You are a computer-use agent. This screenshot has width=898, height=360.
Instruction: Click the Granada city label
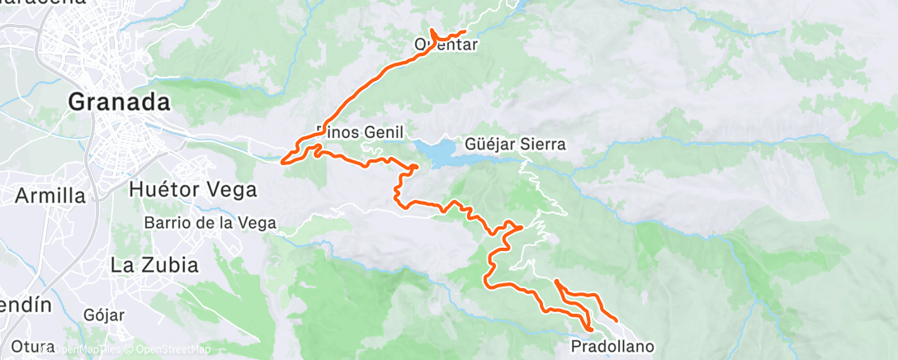[x=119, y=102]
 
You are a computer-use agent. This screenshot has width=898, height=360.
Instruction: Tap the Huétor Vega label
[x=193, y=189]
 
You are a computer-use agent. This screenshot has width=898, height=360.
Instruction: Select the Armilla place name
[x=50, y=196]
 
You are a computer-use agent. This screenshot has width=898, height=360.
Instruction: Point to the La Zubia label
[x=154, y=265]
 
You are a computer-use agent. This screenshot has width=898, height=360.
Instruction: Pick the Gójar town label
[x=104, y=315]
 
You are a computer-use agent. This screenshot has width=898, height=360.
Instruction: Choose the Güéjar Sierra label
[x=516, y=144]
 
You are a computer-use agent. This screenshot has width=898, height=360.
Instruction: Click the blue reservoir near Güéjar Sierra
[x=437, y=152]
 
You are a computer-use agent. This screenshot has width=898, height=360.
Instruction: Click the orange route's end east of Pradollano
[x=617, y=320]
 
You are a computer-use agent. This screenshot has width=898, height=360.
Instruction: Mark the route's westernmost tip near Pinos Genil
[x=284, y=160]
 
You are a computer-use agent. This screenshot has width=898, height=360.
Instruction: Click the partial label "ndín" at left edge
[x=25, y=305]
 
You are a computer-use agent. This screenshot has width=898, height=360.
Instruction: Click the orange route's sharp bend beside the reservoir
[x=414, y=168]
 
